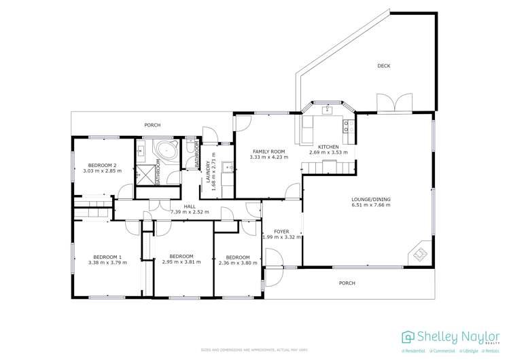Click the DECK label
pos(384,66)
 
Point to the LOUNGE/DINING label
pos(371,199)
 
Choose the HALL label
pos(189,206)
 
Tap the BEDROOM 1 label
pos(107,257)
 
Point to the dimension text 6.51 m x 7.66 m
pos(371,205)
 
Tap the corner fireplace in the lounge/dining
pos(419,255)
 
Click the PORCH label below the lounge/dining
pos(347,283)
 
